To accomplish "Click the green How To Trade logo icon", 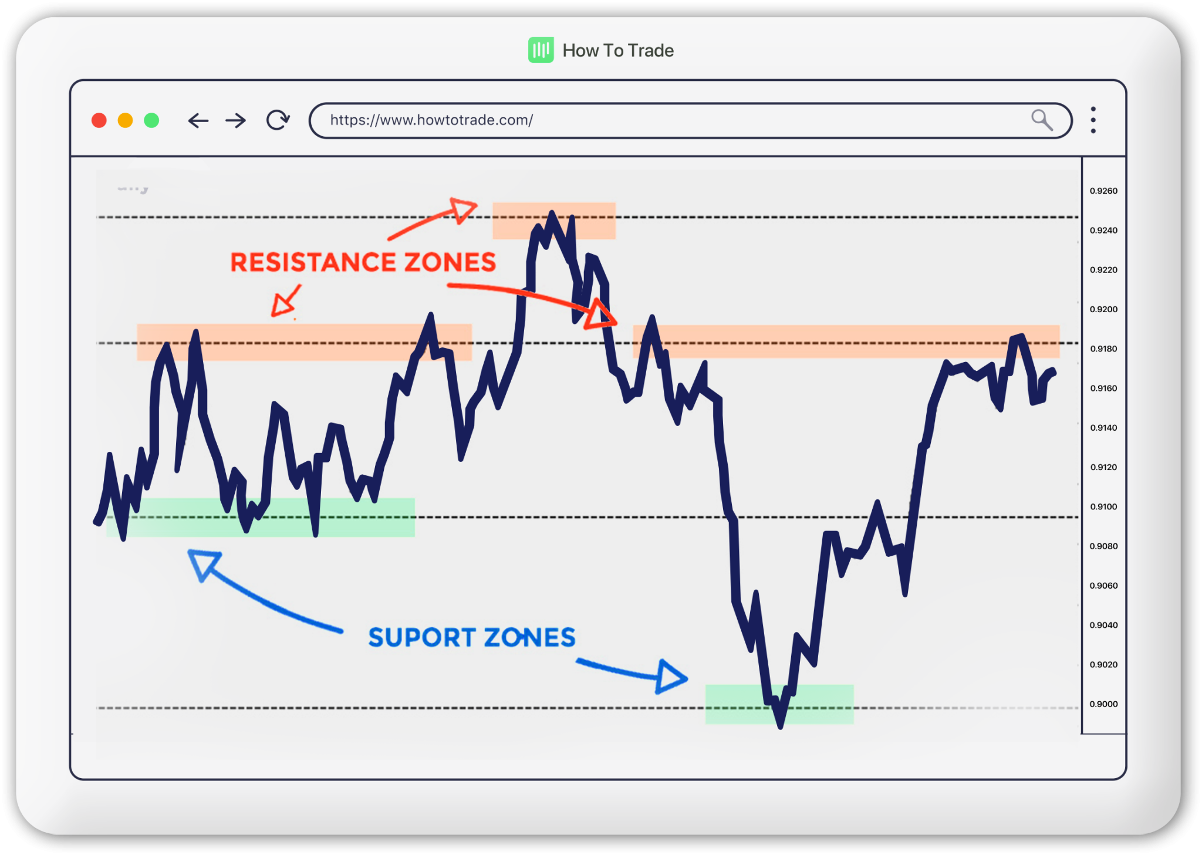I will (x=541, y=50).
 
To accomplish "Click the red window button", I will (x=99, y=120).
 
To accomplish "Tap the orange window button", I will (x=125, y=120).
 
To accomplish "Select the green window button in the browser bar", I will (x=151, y=120).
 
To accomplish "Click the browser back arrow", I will (x=198, y=121).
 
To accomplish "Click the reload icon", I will (x=278, y=120).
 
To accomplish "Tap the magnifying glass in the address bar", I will (x=1042, y=120).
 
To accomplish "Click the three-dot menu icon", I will (x=1093, y=120).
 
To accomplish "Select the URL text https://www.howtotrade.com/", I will (x=431, y=120).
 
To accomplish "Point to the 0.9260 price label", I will (x=1103, y=191).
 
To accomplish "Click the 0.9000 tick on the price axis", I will (x=1103, y=704).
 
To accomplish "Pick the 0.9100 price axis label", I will (x=1103, y=506).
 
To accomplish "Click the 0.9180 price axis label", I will (x=1103, y=349).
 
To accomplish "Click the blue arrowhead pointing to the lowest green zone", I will (x=671, y=677).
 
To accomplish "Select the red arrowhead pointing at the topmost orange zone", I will (x=464, y=210).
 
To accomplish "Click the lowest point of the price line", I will (x=780, y=726).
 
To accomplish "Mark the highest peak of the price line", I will (x=552, y=213).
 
